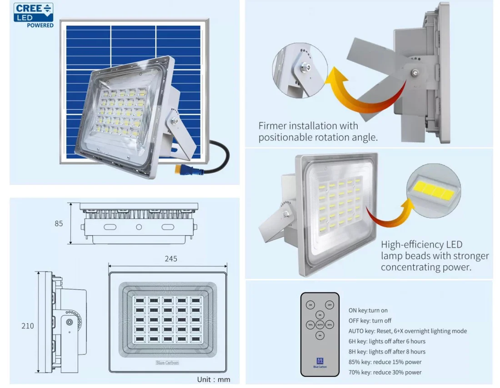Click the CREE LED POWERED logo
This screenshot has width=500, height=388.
coord(34,15)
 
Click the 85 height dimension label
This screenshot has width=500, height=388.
coord(59,224)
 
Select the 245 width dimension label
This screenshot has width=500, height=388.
coord(170,259)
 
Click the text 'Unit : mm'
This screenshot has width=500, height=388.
coord(213,379)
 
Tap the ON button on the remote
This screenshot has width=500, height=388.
coord(310,305)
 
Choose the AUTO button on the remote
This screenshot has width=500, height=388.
coord(320,325)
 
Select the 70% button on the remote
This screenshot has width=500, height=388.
coord(310,325)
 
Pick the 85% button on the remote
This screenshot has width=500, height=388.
coord(330,325)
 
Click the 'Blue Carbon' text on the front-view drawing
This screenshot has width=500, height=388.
coord(167,363)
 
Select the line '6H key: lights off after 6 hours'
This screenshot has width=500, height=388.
coord(387,341)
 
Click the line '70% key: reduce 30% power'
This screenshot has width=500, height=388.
coord(385,372)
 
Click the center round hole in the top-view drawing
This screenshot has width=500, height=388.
coord(139,227)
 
